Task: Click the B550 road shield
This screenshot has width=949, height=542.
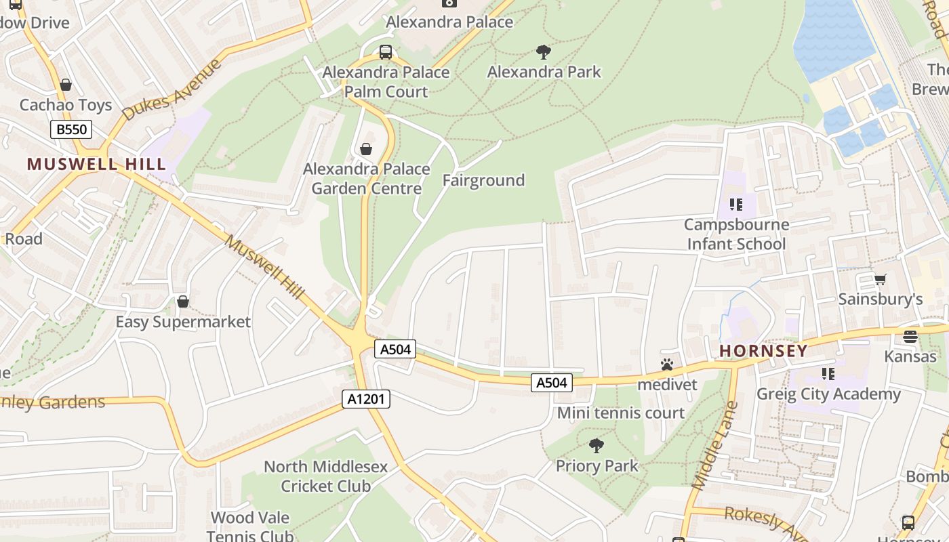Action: [70, 129]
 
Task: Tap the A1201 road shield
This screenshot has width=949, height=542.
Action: [366, 399]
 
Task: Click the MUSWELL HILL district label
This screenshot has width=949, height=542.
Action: [96, 164]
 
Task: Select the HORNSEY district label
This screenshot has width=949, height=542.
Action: [763, 351]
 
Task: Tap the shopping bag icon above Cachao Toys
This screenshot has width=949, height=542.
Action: [66, 85]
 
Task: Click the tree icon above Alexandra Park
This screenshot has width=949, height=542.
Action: [543, 52]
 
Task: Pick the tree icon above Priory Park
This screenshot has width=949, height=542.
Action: [597, 446]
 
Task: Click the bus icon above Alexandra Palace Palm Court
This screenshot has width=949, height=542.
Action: [386, 51]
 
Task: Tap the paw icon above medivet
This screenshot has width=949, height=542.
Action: [667, 364]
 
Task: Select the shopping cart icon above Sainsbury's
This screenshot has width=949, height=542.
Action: [881, 279]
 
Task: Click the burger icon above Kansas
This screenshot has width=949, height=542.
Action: [910, 337]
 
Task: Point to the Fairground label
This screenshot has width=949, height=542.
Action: [483, 180]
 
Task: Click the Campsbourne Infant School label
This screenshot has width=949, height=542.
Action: [736, 234]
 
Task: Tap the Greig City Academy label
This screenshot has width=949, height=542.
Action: [828, 394]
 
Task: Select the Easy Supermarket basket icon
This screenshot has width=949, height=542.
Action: [182, 301]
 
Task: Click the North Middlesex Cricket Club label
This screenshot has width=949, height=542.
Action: [325, 476]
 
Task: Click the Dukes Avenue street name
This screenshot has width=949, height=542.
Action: [173, 89]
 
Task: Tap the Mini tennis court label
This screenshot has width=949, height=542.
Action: [621, 413]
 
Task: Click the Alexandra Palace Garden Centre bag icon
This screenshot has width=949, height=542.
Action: [366, 149]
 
